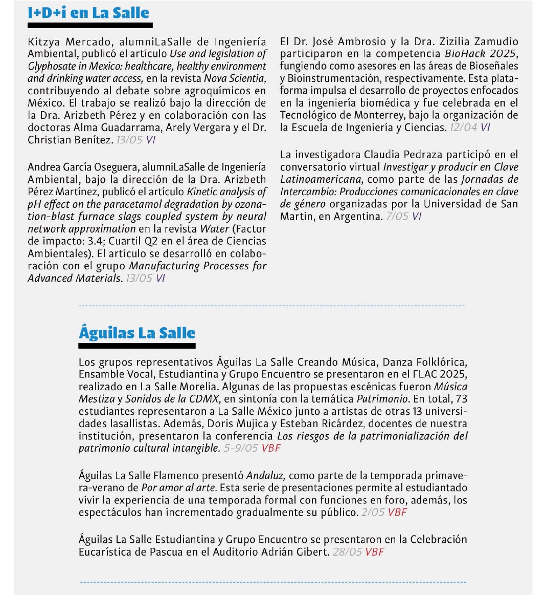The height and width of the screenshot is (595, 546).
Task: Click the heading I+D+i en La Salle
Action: [88, 12]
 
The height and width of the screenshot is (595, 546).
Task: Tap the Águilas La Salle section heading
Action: [137, 333]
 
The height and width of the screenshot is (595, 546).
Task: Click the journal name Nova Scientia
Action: [235, 78]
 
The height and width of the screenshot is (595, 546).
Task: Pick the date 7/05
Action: [397, 216]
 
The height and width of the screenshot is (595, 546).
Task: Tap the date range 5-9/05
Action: [241, 448]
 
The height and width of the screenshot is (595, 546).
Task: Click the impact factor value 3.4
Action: [95, 241]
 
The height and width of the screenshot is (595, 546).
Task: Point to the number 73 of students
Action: [461, 399]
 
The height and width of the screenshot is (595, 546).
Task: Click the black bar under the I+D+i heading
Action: [90, 25]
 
